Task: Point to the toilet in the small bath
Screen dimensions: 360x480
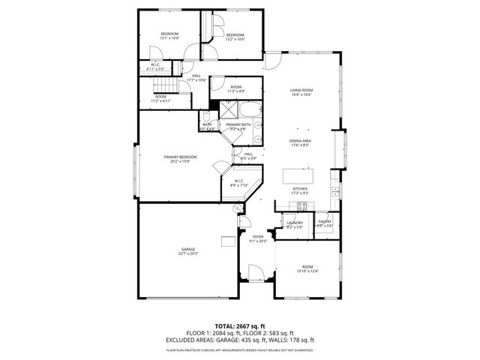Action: coord(204,117)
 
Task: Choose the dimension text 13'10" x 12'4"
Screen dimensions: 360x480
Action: coord(307,271)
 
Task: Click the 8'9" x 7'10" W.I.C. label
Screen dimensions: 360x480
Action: coord(239,183)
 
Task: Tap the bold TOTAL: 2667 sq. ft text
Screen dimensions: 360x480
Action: coord(239,327)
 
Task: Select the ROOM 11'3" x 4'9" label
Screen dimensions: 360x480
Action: coord(235,89)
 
